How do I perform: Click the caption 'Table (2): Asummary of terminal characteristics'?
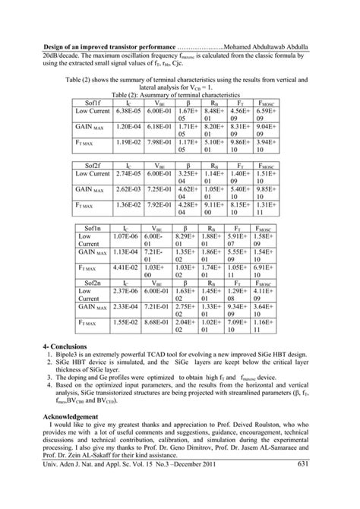180,92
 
